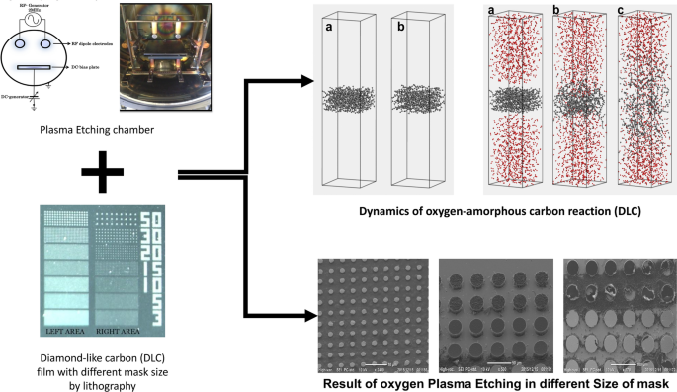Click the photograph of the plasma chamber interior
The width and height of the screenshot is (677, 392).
[163, 60]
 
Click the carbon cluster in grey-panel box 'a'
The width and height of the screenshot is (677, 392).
[351, 102]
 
